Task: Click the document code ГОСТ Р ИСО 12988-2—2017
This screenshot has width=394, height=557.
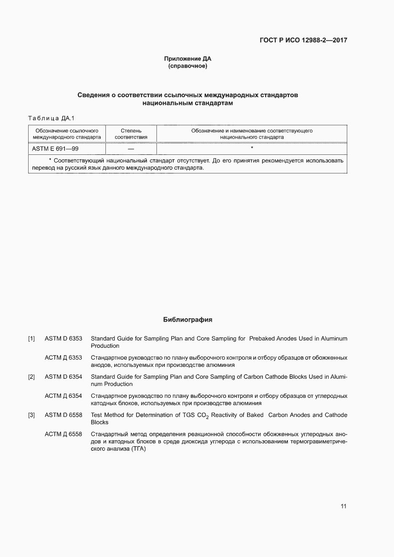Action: pyautogui.click(x=303, y=40)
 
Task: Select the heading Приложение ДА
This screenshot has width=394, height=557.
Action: pyautogui.click(x=187, y=59)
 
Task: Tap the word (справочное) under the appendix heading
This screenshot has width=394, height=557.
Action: pyautogui.click(x=187, y=66)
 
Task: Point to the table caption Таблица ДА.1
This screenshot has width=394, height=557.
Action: pyautogui.click(x=52, y=118)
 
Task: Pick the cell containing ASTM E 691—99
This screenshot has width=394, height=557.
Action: pyautogui.click(x=55, y=149)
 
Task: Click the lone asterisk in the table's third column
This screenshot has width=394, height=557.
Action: pyautogui.click(x=251, y=149)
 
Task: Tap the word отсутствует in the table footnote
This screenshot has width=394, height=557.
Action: pyautogui.click(x=193, y=161)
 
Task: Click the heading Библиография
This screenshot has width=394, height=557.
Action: pyautogui.click(x=187, y=319)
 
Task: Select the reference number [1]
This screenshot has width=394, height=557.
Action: pyautogui.click(x=31, y=339)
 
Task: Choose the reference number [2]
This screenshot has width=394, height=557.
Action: pyautogui.click(x=31, y=377)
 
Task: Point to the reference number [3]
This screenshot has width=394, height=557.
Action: pyautogui.click(x=31, y=415)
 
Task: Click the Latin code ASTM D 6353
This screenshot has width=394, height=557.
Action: pyautogui.click(x=63, y=339)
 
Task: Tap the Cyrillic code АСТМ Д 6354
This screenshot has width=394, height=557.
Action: pyautogui.click(x=63, y=396)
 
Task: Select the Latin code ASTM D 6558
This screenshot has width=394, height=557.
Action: pyautogui.click(x=63, y=415)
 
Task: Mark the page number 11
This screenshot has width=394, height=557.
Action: pyautogui.click(x=343, y=506)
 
